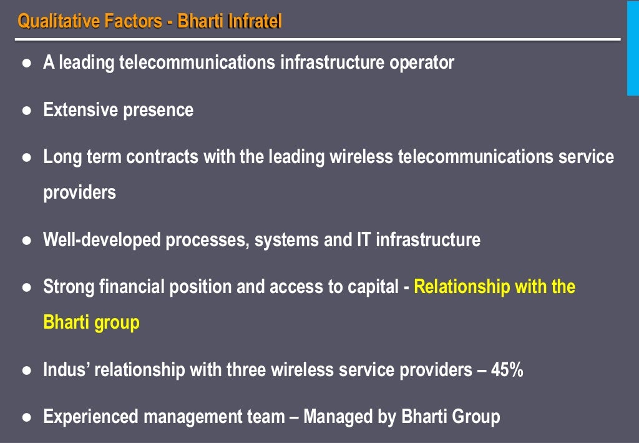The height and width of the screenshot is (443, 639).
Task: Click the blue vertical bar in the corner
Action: (x=632, y=47)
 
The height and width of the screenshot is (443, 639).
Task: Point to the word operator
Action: (x=422, y=62)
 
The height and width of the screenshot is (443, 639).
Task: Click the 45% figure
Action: (x=507, y=370)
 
